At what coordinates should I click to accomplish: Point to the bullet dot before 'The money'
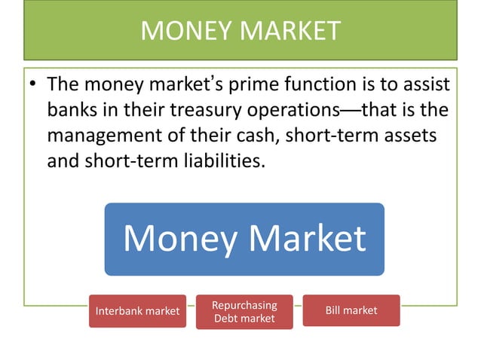(x=33, y=84)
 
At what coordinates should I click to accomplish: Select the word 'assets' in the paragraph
(x=416, y=136)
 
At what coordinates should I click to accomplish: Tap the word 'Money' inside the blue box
(x=177, y=238)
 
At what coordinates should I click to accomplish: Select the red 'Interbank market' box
(x=137, y=310)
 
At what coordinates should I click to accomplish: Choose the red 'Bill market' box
(x=351, y=310)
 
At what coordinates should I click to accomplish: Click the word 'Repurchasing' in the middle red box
(x=244, y=305)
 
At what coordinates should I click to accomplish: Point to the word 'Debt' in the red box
(x=226, y=319)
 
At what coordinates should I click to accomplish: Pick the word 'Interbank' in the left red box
(x=121, y=311)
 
